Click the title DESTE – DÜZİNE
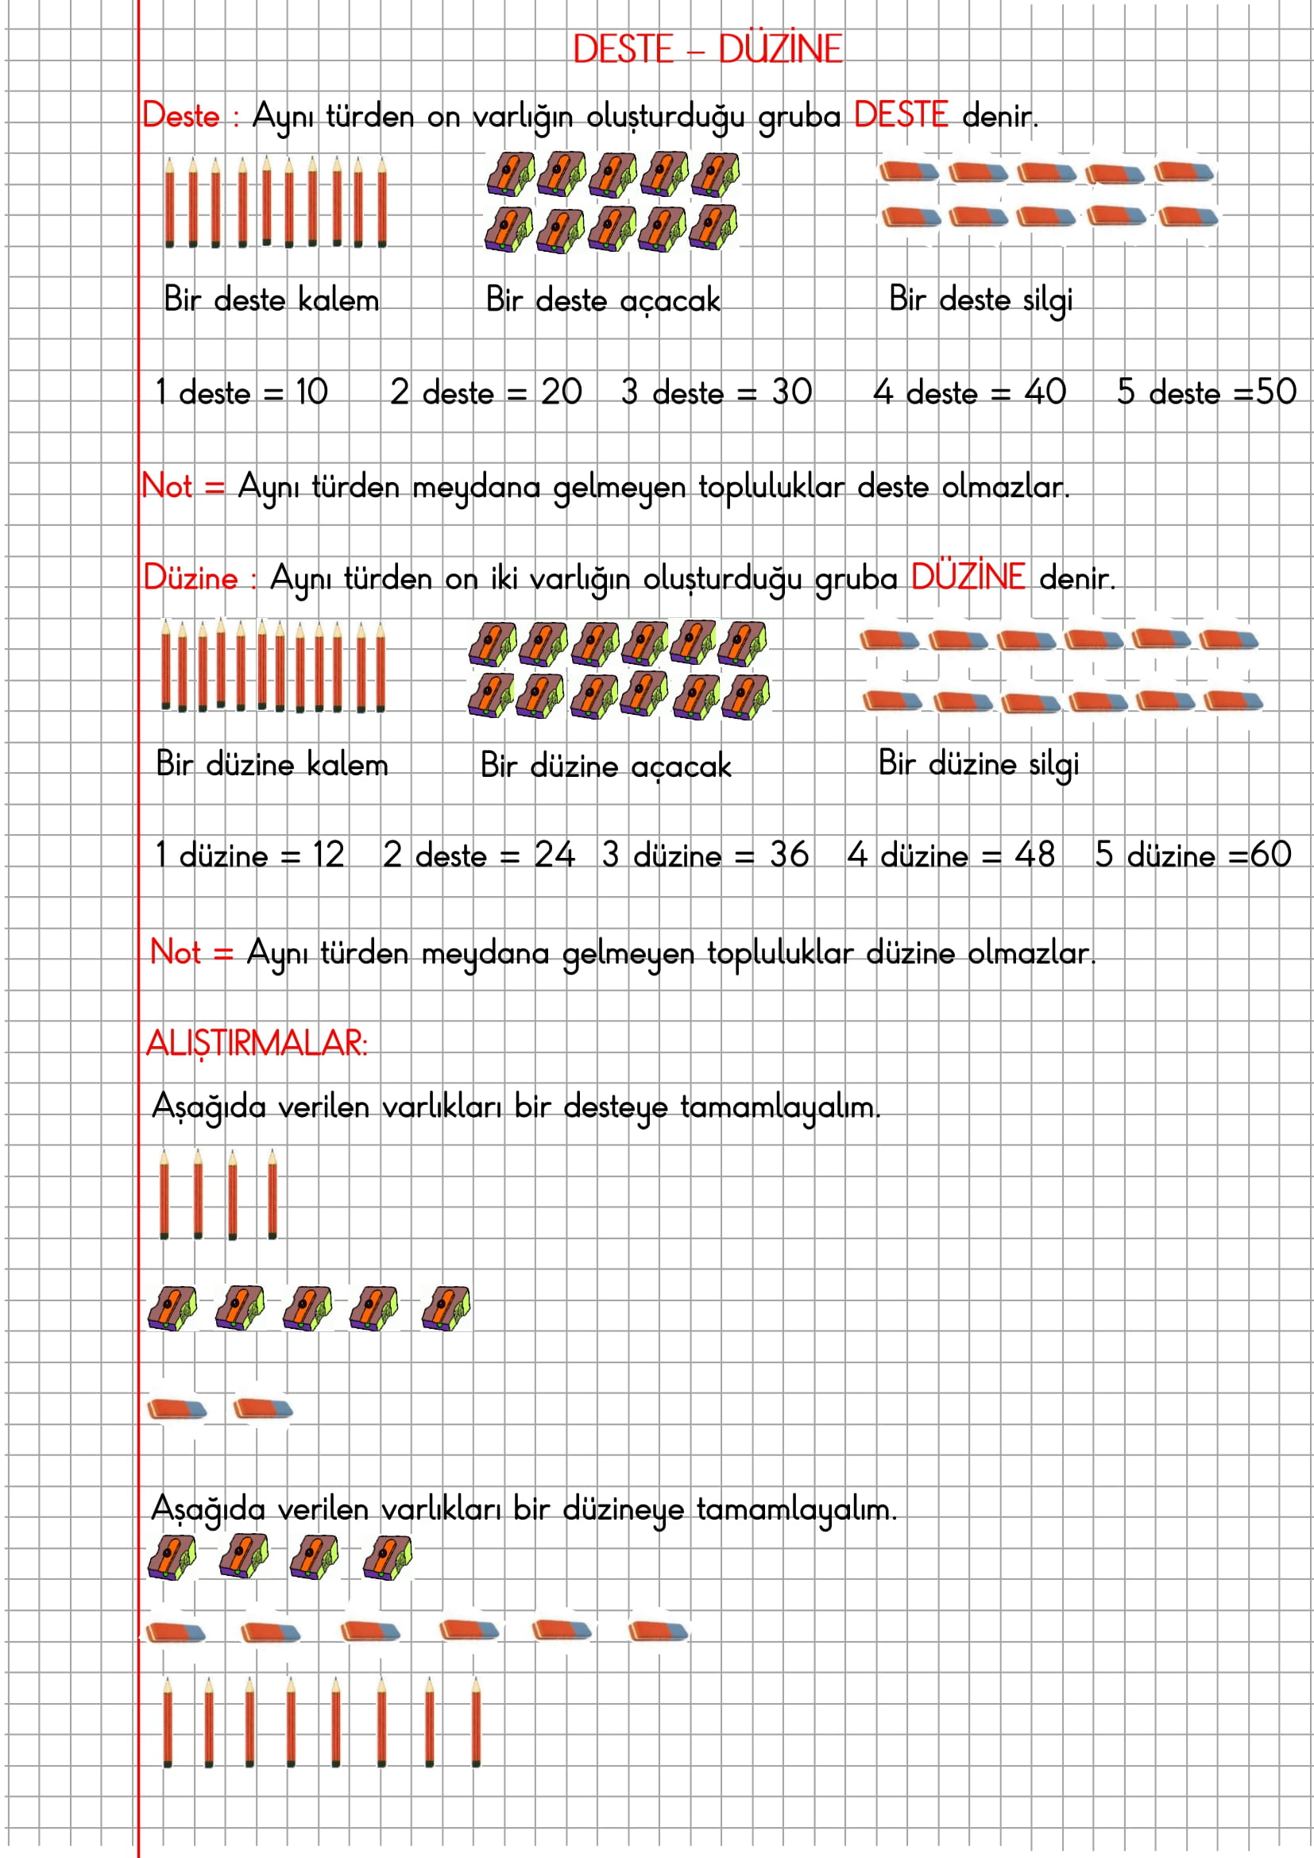707,49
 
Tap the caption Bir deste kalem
271,299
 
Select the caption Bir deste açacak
603,300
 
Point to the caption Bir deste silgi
980,299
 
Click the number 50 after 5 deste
1276,392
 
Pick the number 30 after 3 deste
791,392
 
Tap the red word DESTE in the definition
901,116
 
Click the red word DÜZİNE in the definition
968,577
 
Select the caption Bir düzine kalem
272,765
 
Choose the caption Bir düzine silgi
978,764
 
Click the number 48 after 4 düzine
1035,856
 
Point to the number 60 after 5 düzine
1270,856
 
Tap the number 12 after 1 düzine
329,856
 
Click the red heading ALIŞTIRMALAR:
257,1043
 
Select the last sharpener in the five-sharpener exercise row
446,1308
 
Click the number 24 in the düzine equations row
555,856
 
